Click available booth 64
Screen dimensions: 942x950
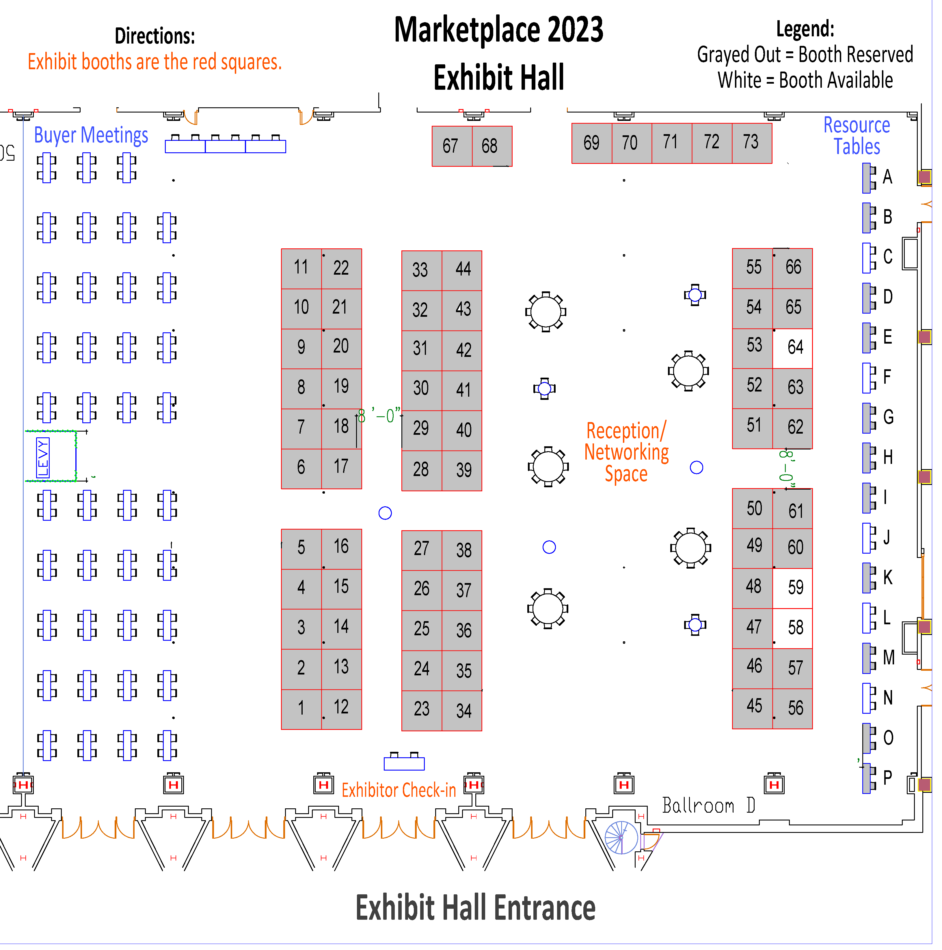click(x=792, y=348)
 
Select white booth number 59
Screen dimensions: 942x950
click(x=792, y=589)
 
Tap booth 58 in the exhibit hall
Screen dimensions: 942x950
click(x=792, y=629)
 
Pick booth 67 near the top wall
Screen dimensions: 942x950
click(x=452, y=147)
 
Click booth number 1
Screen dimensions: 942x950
click(x=301, y=710)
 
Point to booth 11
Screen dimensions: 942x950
click(x=301, y=269)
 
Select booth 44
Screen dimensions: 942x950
click(x=462, y=270)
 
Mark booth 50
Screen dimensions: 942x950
click(x=753, y=509)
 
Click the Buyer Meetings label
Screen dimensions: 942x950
click(x=91, y=135)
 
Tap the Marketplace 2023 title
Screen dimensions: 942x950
click(x=498, y=29)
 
